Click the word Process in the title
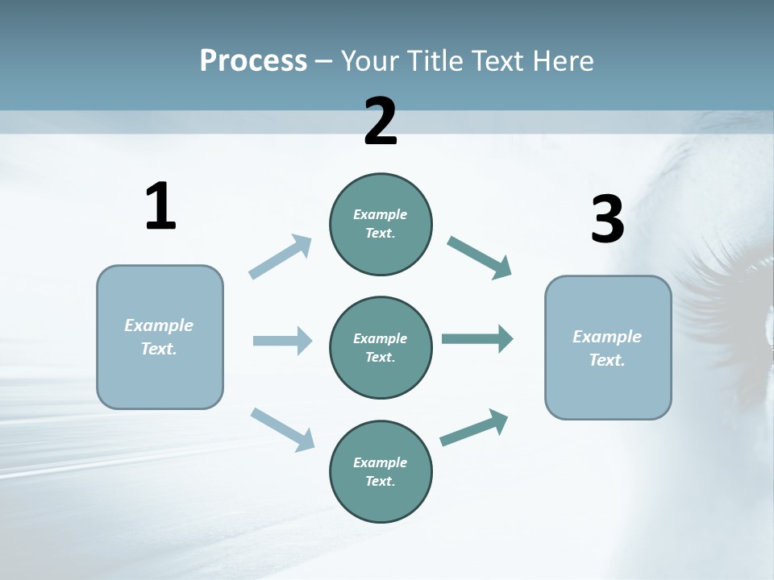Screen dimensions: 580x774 click(x=253, y=61)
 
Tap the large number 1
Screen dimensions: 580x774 click(x=160, y=207)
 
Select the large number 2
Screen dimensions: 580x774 click(x=381, y=122)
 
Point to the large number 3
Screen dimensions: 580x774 click(x=607, y=220)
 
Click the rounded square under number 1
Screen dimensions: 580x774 click(x=160, y=337)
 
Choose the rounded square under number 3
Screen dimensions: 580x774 click(x=608, y=348)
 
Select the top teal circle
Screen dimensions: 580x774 click(x=381, y=224)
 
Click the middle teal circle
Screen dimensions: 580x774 click(x=381, y=348)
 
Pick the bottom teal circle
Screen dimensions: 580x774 click(x=381, y=472)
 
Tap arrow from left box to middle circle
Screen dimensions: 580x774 click(x=282, y=341)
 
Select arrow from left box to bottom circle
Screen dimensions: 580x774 click(x=282, y=429)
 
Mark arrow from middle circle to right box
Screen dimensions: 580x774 click(x=477, y=339)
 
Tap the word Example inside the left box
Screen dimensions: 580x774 click(x=159, y=325)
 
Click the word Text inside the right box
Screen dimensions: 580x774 click(x=607, y=360)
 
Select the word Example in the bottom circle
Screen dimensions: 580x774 click(x=380, y=462)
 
